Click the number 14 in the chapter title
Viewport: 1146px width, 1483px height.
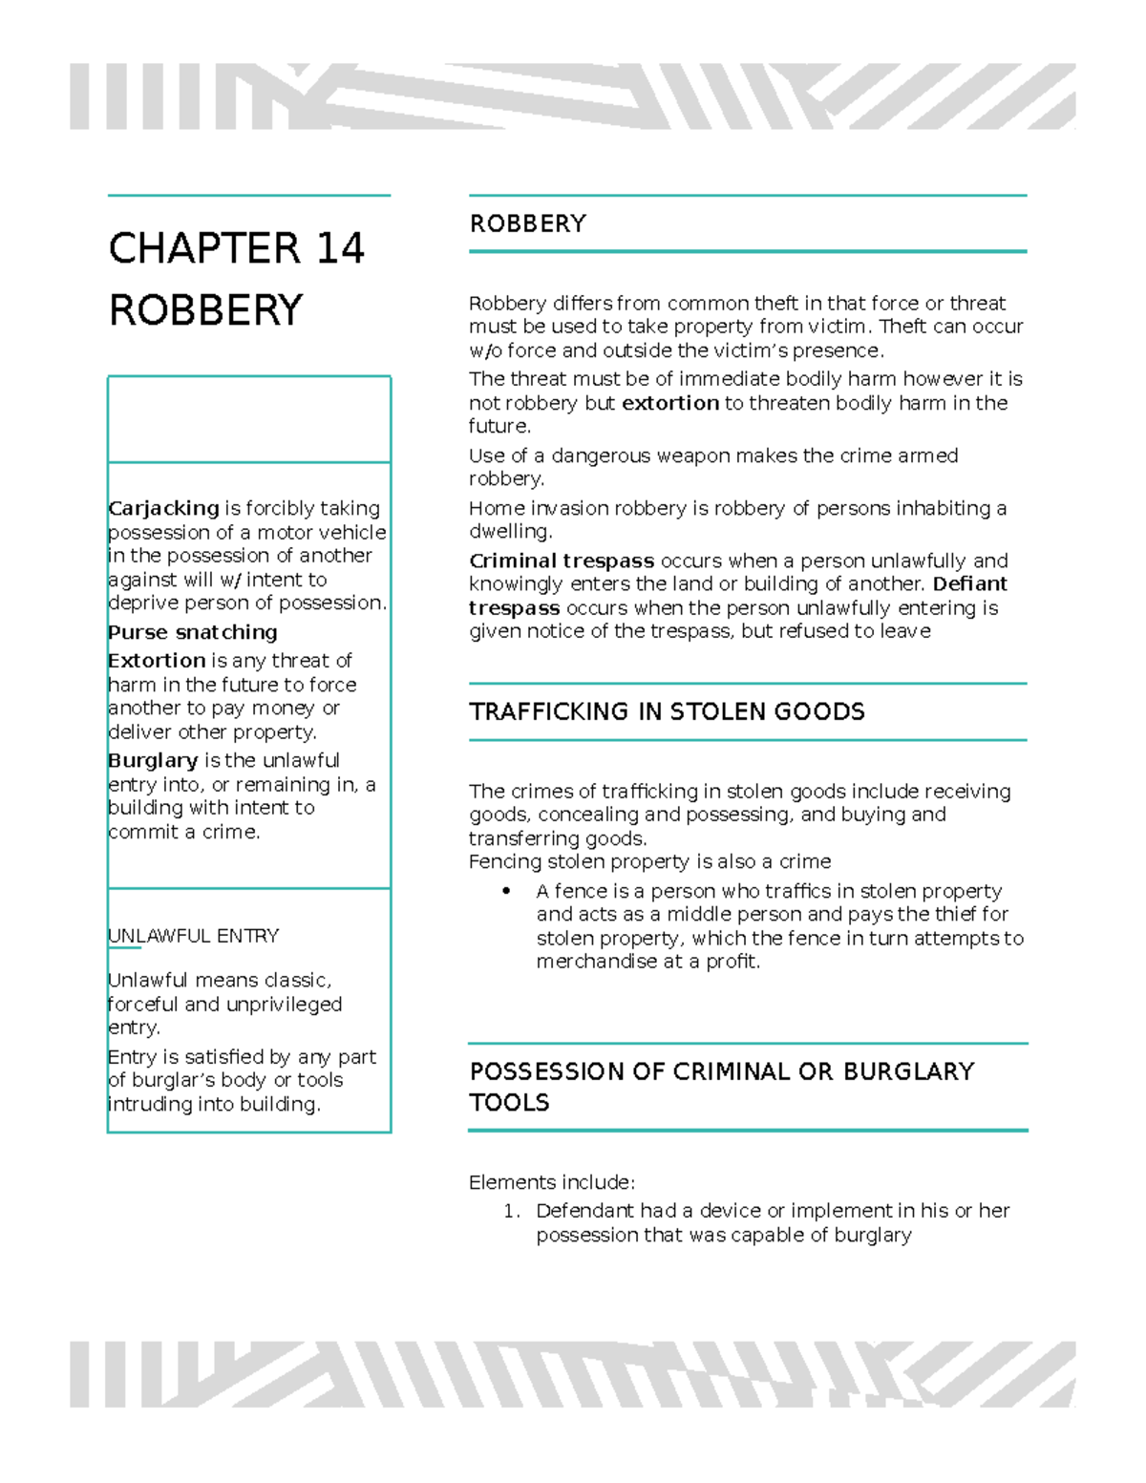tap(340, 249)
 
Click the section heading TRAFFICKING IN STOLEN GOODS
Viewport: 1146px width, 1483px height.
tap(667, 711)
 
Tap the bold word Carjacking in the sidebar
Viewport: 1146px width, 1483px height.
tap(163, 508)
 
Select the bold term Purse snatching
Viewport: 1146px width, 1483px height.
tap(193, 632)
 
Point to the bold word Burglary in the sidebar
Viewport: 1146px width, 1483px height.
tap(153, 760)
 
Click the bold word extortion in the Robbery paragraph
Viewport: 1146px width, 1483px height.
tap(669, 403)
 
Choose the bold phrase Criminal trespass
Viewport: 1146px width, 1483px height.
tap(561, 561)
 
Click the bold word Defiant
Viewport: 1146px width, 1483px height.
tap(969, 583)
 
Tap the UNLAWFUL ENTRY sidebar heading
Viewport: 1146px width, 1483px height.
tap(194, 936)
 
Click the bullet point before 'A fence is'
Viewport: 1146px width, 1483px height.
tap(506, 891)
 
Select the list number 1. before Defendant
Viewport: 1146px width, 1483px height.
tap(512, 1211)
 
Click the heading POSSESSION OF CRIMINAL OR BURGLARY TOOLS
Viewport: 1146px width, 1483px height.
tap(721, 1086)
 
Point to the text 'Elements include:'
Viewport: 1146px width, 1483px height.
tap(551, 1182)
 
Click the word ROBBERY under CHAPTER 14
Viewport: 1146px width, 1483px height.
tap(205, 311)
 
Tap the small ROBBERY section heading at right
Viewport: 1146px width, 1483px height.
tap(527, 223)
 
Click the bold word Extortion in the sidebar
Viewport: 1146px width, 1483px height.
tap(157, 661)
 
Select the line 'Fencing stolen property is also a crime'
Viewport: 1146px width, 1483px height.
tap(649, 861)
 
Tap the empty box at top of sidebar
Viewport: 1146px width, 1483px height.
tap(249, 419)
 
